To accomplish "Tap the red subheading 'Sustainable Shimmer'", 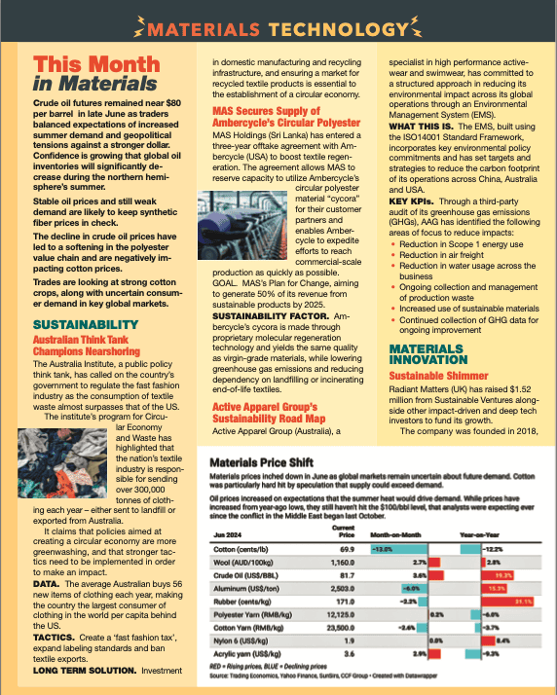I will click(438, 375).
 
